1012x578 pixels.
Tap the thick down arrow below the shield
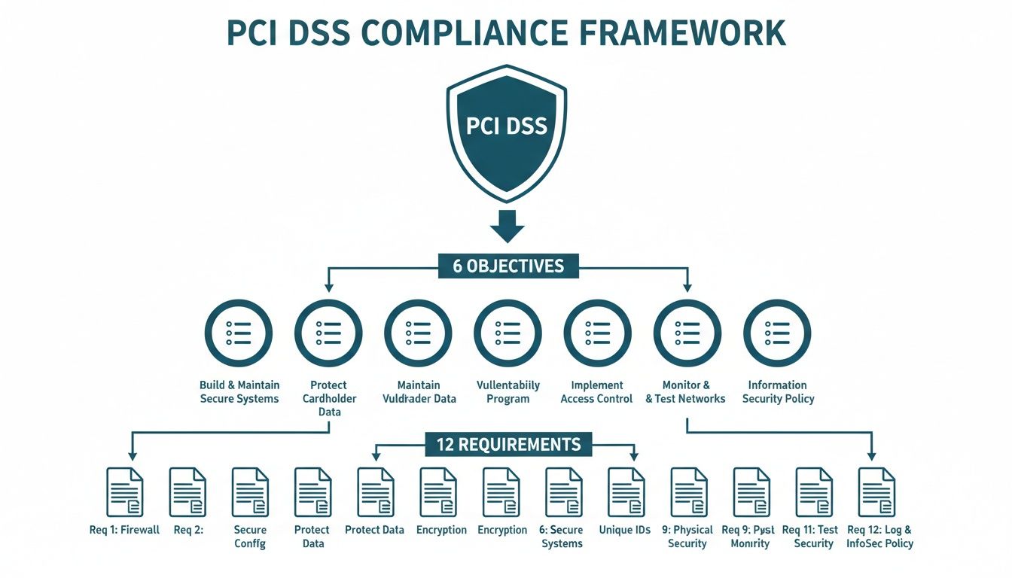(507, 226)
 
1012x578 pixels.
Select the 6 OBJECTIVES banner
(508, 266)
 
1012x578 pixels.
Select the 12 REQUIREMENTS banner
(508, 444)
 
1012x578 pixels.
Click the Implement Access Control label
(596, 391)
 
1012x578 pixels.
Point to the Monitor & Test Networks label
(685, 391)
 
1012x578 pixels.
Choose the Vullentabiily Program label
(508, 391)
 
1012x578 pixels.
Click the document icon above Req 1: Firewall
(124, 491)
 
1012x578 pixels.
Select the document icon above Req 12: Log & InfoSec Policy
(877, 491)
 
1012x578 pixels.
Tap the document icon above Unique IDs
(626, 491)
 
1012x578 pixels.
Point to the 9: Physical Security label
(687, 536)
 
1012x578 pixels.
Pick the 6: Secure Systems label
(562, 536)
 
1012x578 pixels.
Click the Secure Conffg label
(250, 536)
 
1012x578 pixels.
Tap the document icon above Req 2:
(187, 491)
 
